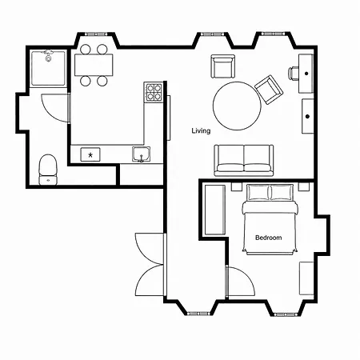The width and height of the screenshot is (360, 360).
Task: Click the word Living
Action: pyautogui.click(x=201, y=130)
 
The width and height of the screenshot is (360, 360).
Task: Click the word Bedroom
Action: pyautogui.click(x=269, y=238)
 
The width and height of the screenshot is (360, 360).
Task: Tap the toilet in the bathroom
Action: pyautogui.click(x=48, y=170)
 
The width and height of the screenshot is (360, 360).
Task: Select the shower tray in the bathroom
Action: pyautogui.click(x=48, y=68)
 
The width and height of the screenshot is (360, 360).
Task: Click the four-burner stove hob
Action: pyautogui.click(x=154, y=92)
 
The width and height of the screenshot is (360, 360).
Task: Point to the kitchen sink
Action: pyautogui.click(x=141, y=154)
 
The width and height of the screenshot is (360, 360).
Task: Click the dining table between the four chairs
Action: pyautogui.click(x=94, y=65)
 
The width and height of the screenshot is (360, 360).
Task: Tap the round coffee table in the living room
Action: pyautogui.click(x=237, y=106)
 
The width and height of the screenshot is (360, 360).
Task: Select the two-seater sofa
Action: pyautogui.click(x=244, y=160)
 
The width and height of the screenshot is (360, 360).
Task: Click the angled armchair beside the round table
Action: pyautogui.click(x=269, y=90)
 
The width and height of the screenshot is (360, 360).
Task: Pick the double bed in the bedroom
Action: pyautogui.click(x=270, y=219)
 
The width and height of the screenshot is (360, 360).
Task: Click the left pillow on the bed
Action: pyautogui.click(x=258, y=192)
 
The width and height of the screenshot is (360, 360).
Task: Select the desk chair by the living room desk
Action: pyautogui.click(x=293, y=73)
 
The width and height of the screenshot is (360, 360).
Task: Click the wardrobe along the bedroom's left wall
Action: pyautogui.click(x=215, y=210)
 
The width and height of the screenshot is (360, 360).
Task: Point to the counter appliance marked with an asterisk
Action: pyautogui.click(x=90, y=154)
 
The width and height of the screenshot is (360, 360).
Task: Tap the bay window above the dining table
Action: pyautogui.click(x=96, y=34)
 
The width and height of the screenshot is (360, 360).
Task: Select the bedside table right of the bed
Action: pyautogui.click(x=303, y=186)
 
